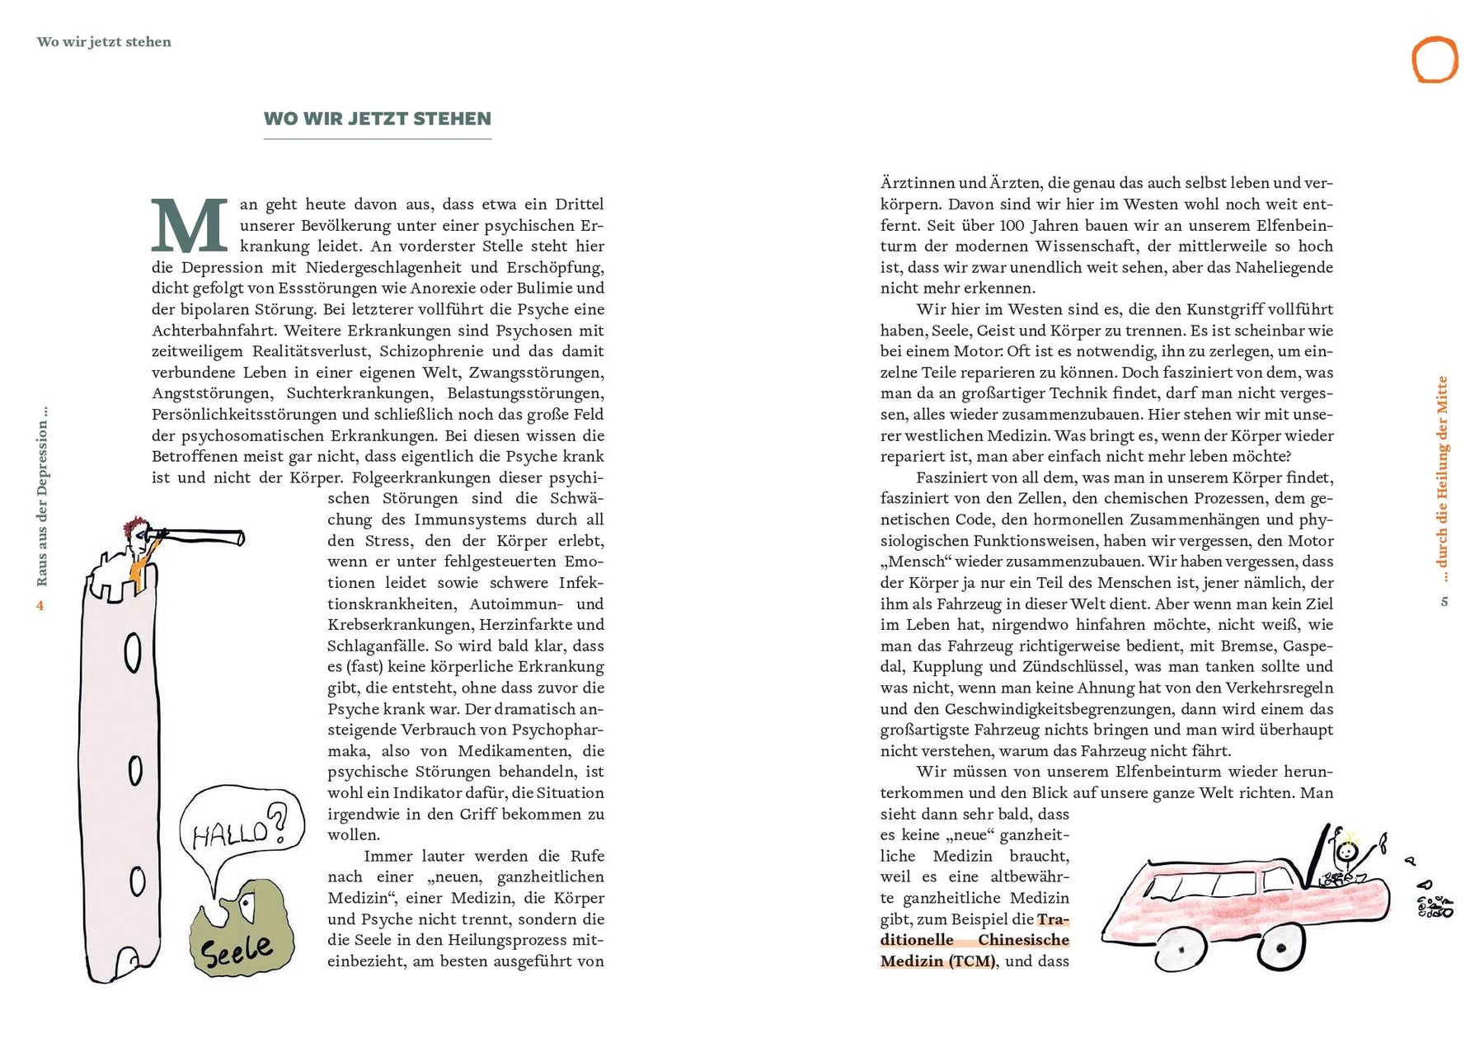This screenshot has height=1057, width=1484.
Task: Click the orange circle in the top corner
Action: (1435, 59)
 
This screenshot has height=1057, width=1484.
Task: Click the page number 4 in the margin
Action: (40, 606)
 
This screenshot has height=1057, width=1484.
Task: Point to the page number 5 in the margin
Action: (1444, 601)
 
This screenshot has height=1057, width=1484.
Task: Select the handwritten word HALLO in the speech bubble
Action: (229, 834)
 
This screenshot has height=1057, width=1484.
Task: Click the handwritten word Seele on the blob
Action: (237, 951)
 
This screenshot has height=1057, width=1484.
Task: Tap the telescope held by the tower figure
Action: (202, 537)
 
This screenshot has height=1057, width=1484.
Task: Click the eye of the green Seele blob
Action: (246, 904)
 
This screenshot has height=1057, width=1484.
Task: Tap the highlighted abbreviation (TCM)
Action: (972, 961)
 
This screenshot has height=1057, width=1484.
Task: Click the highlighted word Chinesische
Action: (1023, 940)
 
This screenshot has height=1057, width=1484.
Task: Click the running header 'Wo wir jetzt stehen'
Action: (104, 42)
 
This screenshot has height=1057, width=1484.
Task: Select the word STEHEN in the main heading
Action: (452, 119)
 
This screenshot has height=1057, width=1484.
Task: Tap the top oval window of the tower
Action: (132, 655)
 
